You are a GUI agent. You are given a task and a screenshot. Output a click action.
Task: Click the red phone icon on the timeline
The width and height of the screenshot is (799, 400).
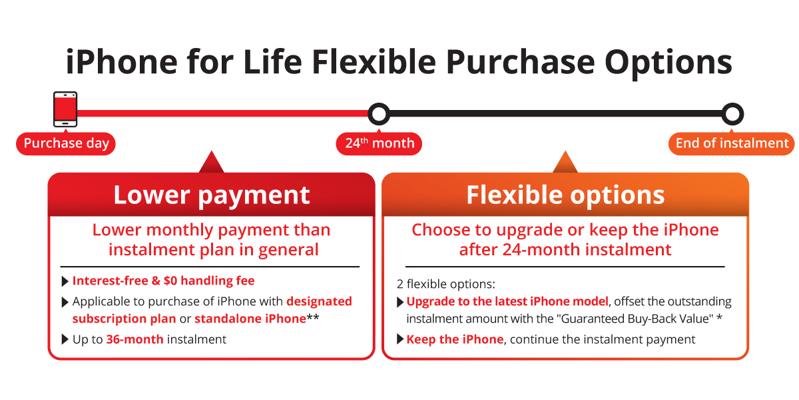[x=65, y=109]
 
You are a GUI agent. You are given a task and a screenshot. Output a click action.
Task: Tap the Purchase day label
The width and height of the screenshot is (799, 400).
[x=66, y=143]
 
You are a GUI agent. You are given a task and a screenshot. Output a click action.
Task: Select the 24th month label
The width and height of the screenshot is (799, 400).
[x=380, y=143]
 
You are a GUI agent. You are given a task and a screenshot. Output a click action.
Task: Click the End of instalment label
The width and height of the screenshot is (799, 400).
[x=732, y=143]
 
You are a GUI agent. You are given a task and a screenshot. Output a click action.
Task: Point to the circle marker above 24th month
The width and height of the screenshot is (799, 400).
[x=379, y=114]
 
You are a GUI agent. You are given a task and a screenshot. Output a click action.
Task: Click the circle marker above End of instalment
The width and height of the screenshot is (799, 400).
[x=732, y=114]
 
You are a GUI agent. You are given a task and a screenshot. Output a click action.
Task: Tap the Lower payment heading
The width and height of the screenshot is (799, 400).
[x=211, y=195]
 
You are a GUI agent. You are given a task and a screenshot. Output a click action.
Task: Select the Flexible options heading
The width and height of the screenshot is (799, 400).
[x=565, y=195]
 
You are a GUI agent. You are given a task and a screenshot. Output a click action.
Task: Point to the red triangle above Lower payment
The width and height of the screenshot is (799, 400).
[x=211, y=163]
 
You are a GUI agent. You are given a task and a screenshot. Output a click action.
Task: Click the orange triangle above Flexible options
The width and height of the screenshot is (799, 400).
[x=565, y=163]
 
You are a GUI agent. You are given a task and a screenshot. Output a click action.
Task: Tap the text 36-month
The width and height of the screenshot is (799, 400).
[x=134, y=339]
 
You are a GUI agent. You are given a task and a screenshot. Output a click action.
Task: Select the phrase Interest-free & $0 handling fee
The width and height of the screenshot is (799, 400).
[x=163, y=281]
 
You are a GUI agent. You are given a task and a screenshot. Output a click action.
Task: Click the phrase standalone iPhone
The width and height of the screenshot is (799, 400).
[x=250, y=319]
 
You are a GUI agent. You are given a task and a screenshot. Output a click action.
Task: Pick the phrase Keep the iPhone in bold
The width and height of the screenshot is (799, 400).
[x=455, y=339]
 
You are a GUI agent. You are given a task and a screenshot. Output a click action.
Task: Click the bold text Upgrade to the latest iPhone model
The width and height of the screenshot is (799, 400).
[x=507, y=301]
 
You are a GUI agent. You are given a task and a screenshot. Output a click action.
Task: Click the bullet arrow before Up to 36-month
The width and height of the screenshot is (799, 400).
[x=65, y=339]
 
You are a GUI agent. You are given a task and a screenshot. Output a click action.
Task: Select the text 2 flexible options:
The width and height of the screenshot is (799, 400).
[x=445, y=284]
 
